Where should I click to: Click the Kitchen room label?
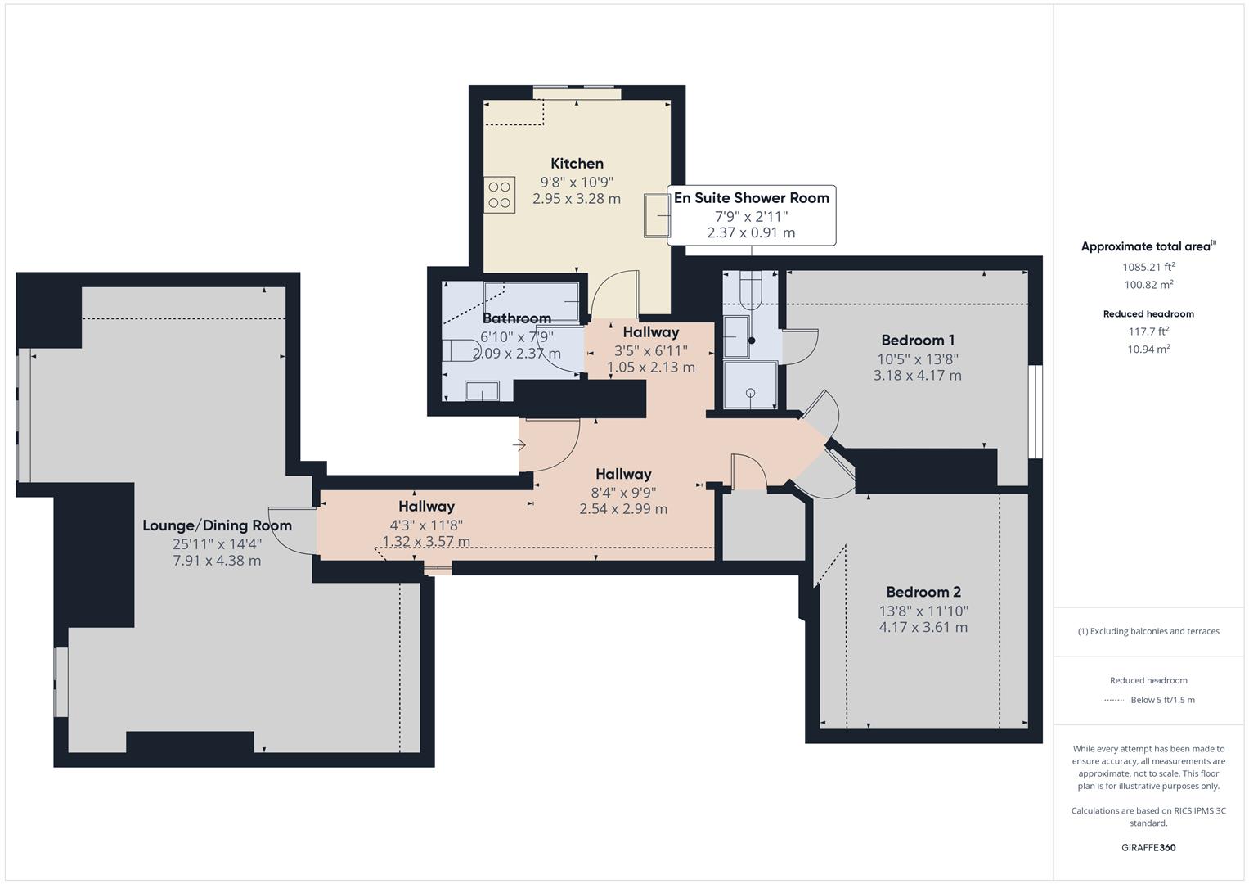pyautogui.click(x=577, y=164)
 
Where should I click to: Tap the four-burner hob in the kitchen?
pyautogui.click(x=499, y=195)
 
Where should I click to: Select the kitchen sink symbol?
pyautogui.click(x=657, y=215)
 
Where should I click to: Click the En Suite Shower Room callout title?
pyautogui.click(x=751, y=198)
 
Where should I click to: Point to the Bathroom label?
pyautogui.click(x=516, y=318)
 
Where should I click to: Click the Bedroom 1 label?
pyautogui.click(x=917, y=341)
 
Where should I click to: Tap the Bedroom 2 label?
pyautogui.click(x=923, y=593)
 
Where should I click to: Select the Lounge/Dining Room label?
pyautogui.click(x=217, y=525)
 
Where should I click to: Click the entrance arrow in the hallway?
pyautogui.click(x=519, y=445)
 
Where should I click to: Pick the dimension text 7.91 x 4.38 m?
pyautogui.click(x=217, y=561)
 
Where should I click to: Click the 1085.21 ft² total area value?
pyautogui.click(x=1148, y=267)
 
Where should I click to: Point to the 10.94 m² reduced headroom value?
pyautogui.click(x=1148, y=349)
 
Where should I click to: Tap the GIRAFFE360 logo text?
pyautogui.click(x=1148, y=847)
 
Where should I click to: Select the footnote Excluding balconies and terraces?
pyautogui.click(x=1148, y=631)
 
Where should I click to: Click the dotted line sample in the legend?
pyautogui.click(x=1113, y=700)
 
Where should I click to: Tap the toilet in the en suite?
pyautogui.click(x=750, y=287)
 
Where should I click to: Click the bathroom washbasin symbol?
pyautogui.click(x=482, y=391)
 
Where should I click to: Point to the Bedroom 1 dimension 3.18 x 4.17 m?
pyautogui.click(x=917, y=376)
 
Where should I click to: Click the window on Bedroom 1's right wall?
pyautogui.click(x=1036, y=411)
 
